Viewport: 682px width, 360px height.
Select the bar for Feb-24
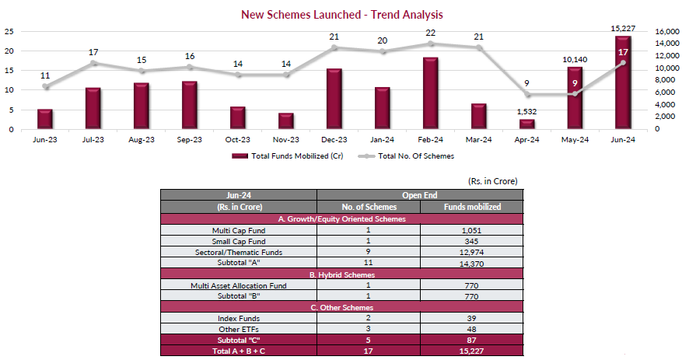click(431, 93)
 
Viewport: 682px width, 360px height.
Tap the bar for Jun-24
click(623, 82)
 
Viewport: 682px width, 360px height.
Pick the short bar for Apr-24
click(527, 124)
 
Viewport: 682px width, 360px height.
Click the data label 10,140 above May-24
click(575, 59)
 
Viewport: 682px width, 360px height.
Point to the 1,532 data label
click(527, 112)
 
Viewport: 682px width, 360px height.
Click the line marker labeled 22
click(431, 44)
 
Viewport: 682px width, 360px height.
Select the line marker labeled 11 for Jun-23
click(45, 86)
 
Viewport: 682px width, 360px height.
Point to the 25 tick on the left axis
click(9, 31)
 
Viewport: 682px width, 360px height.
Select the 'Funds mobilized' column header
click(470, 207)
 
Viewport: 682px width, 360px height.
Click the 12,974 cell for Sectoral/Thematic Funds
click(470, 253)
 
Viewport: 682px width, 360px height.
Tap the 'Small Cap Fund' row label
click(238, 242)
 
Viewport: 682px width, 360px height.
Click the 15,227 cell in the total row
click(470, 352)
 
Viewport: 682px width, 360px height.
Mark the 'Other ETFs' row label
click(238, 330)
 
